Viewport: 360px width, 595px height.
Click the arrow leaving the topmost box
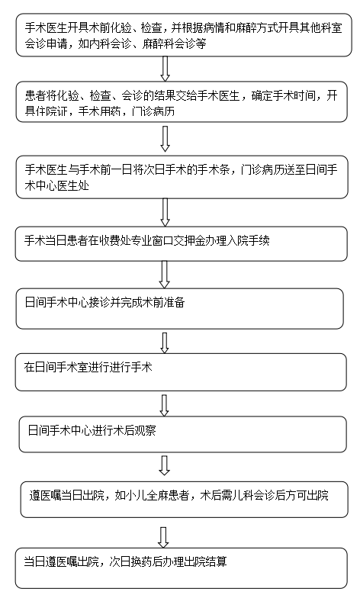[x=165, y=69]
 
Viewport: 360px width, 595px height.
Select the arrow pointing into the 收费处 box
[x=165, y=212]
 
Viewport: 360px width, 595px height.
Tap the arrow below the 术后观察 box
[x=164, y=465]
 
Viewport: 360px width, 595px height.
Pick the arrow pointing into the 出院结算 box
[x=163, y=537]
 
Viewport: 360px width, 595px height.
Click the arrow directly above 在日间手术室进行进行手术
[x=164, y=343]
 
